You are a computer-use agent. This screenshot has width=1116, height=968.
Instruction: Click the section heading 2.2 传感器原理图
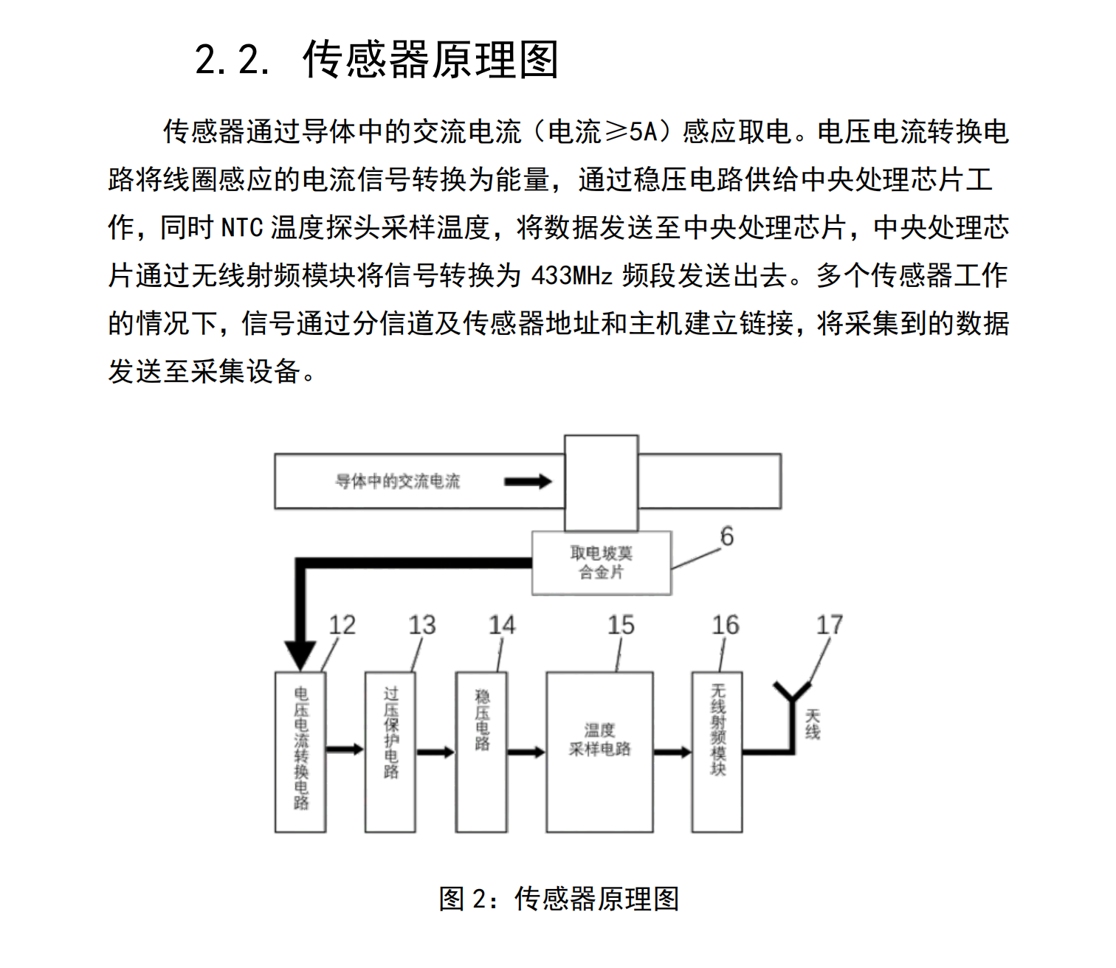point(376,59)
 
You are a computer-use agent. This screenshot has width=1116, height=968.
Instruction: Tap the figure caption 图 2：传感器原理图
point(558,899)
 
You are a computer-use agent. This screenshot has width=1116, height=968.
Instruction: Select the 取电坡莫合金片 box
point(601,563)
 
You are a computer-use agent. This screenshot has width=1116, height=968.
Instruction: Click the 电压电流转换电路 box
point(300,751)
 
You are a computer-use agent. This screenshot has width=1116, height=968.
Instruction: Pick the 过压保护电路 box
point(390,751)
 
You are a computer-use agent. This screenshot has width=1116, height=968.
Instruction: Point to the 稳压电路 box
point(481,751)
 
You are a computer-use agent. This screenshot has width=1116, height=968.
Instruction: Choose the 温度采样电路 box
point(599,751)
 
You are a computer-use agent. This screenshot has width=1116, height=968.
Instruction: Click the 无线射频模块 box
point(717,751)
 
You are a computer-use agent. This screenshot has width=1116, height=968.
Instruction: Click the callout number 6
point(727,536)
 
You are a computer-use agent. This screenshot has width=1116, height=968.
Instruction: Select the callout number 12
point(342,626)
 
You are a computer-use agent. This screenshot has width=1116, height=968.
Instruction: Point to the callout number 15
point(621,626)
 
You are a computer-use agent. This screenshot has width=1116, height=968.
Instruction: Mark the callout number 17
point(829,626)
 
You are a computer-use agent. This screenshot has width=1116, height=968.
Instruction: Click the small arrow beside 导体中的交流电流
point(528,482)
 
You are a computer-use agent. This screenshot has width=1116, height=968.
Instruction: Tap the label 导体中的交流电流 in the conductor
point(398,482)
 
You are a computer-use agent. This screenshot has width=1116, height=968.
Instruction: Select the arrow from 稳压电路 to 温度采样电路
point(526,752)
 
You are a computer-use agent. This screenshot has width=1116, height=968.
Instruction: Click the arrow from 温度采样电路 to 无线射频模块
point(672,752)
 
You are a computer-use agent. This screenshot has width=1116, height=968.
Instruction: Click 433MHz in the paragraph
point(572,276)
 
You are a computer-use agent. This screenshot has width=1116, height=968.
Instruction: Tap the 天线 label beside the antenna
point(813,724)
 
